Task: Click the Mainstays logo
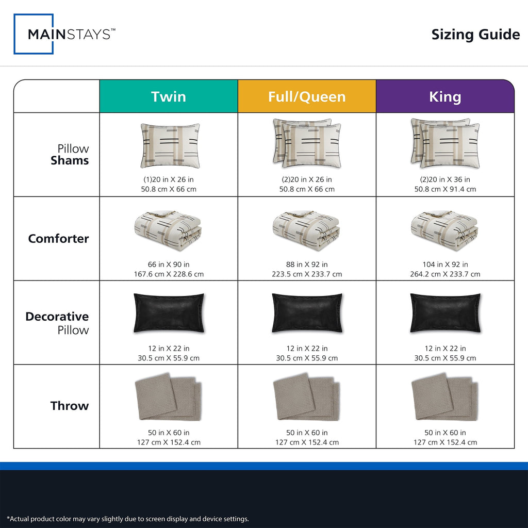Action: click(x=64, y=34)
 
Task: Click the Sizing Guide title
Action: click(x=475, y=35)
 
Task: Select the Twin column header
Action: click(x=169, y=96)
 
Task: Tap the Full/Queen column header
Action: click(x=307, y=96)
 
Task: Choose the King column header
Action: click(x=445, y=96)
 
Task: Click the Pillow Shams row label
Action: click(x=70, y=155)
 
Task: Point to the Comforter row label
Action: click(x=59, y=238)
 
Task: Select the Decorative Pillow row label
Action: click(x=57, y=323)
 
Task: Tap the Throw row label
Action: click(x=70, y=406)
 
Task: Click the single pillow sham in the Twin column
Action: click(x=170, y=145)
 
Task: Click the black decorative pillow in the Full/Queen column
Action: click(x=307, y=313)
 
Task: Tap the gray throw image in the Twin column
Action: click(x=169, y=397)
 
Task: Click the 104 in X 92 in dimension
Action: click(x=445, y=265)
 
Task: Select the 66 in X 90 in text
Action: click(x=169, y=265)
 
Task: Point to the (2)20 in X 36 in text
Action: click(x=445, y=179)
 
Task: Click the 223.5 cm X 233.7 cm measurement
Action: click(x=307, y=274)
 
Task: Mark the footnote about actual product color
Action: click(x=128, y=519)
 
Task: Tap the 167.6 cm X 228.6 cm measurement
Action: click(x=169, y=274)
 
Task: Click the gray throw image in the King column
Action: click(x=445, y=397)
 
